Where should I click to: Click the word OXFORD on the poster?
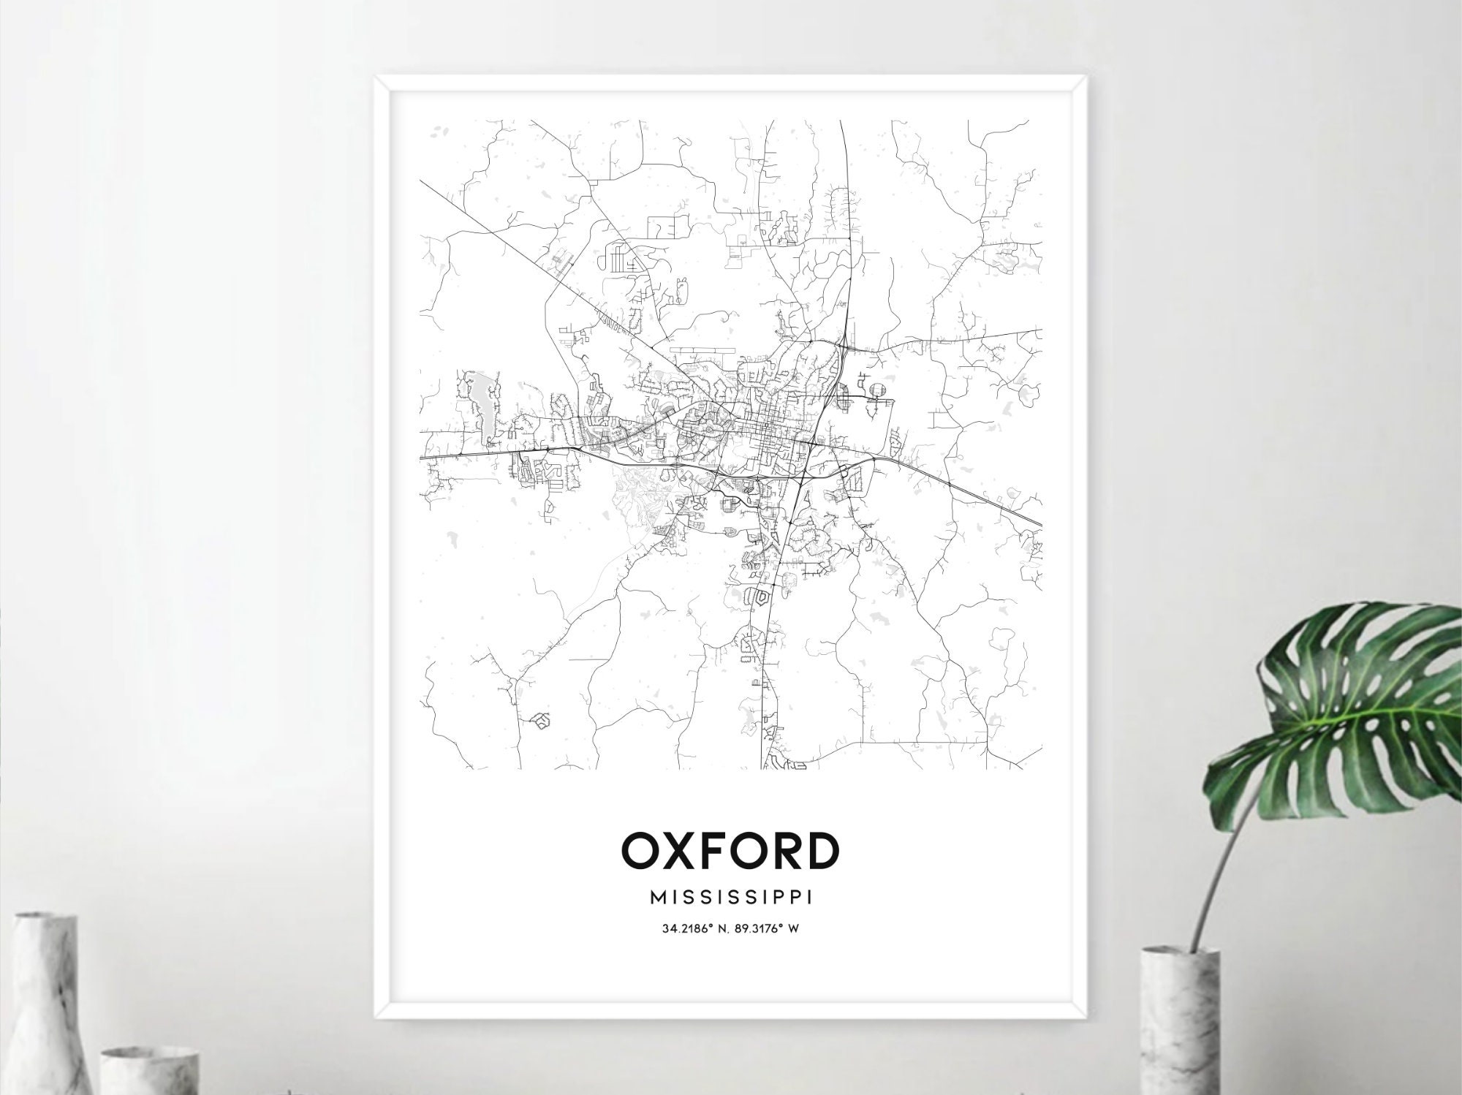(x=730, y=850)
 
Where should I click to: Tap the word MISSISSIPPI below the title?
(x=730, y=897)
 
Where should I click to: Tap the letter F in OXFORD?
(x=718, y=850)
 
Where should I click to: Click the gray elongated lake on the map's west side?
(x=483, y=409)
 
